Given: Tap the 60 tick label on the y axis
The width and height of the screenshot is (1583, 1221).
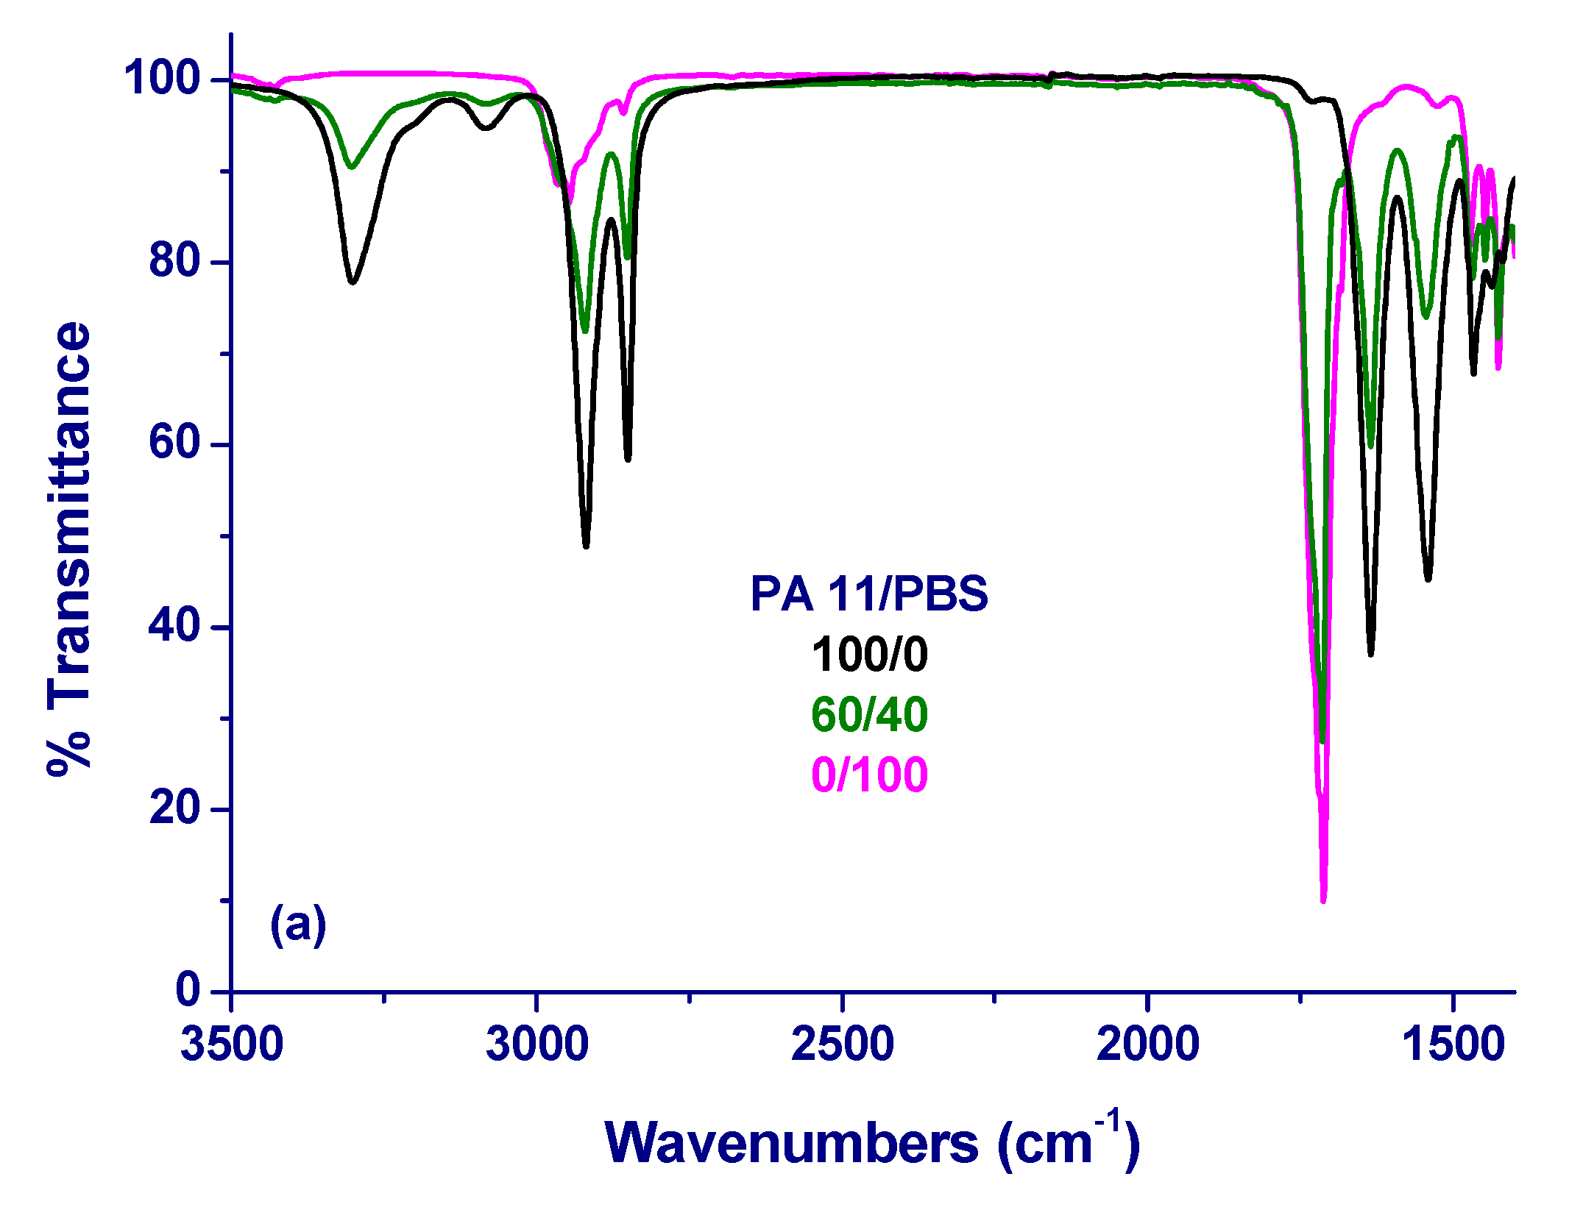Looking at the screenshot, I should [174, 443].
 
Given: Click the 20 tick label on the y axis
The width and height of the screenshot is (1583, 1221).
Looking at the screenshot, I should [174, 808].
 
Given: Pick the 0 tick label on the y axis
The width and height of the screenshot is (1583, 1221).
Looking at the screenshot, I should [188, 990].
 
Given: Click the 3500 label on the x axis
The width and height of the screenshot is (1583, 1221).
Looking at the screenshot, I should [232, 1044].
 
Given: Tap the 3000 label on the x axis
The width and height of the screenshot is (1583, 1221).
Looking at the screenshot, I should [537, 1044].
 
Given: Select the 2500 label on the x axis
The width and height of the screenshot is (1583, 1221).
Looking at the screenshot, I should [843, 1044].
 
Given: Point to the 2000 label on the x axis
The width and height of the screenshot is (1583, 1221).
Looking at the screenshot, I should [1148, 1044].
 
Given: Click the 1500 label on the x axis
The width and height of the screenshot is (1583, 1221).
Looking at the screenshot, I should [1453, 1044].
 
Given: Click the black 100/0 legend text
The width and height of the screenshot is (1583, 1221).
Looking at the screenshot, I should [869, 654].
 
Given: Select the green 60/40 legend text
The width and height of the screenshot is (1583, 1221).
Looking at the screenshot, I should [869, 714].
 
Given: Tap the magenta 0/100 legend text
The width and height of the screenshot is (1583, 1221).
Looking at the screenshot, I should [869, 775].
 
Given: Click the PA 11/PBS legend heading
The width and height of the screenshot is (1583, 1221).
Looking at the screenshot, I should [869, 594].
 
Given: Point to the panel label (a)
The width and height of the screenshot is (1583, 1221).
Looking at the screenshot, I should [298, 925].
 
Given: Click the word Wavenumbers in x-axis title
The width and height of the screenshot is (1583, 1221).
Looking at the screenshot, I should [791, 1144].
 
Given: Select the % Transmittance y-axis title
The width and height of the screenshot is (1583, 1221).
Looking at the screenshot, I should [69, 548].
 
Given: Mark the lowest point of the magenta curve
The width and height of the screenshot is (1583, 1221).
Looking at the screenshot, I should [1323, 900].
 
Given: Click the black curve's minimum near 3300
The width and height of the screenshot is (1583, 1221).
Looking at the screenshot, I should [353, 281].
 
